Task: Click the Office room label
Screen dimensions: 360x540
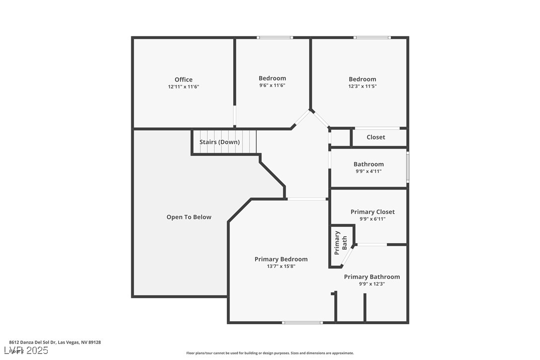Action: point(183,80)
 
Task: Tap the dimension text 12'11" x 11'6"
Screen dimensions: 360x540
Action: point(183,87)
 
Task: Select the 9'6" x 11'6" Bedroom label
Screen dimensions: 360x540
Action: point(272,78)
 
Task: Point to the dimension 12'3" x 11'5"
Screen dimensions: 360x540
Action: point(362,86)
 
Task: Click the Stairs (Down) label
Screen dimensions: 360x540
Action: point(219,142)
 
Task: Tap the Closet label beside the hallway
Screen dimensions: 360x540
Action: point(375,137)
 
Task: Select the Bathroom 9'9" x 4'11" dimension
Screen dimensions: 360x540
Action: point(368,171)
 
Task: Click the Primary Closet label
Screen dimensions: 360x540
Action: point(372,212)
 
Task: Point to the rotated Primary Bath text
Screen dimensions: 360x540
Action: point(341,243)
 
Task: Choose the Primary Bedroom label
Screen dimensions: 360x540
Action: point(281,259)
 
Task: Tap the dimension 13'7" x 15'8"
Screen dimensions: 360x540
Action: point(281,266)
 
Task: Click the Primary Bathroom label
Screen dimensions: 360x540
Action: point(372,277)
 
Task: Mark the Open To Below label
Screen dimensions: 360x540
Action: point(189,217)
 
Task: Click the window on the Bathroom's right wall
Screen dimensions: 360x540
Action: point(408,167)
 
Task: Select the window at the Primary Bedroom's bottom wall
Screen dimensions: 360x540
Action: point(302,323)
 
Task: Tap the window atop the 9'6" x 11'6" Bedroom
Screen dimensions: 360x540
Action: point(274,38)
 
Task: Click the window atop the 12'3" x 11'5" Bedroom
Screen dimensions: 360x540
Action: point(372,38)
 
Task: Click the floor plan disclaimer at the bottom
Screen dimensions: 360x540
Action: point(270,353)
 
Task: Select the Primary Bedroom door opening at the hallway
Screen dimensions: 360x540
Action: point(307,199)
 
